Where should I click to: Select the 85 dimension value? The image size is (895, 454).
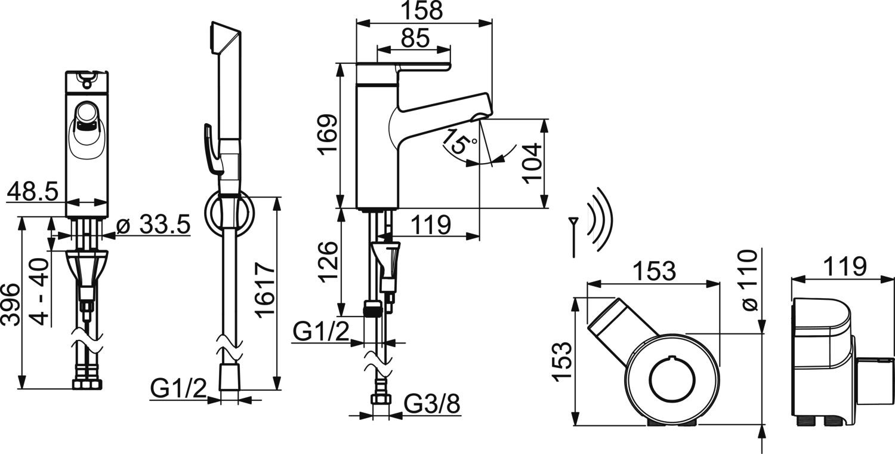414,38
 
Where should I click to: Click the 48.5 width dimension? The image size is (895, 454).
32,192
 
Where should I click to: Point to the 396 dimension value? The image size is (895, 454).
10,305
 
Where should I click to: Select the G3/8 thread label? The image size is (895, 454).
433,406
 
